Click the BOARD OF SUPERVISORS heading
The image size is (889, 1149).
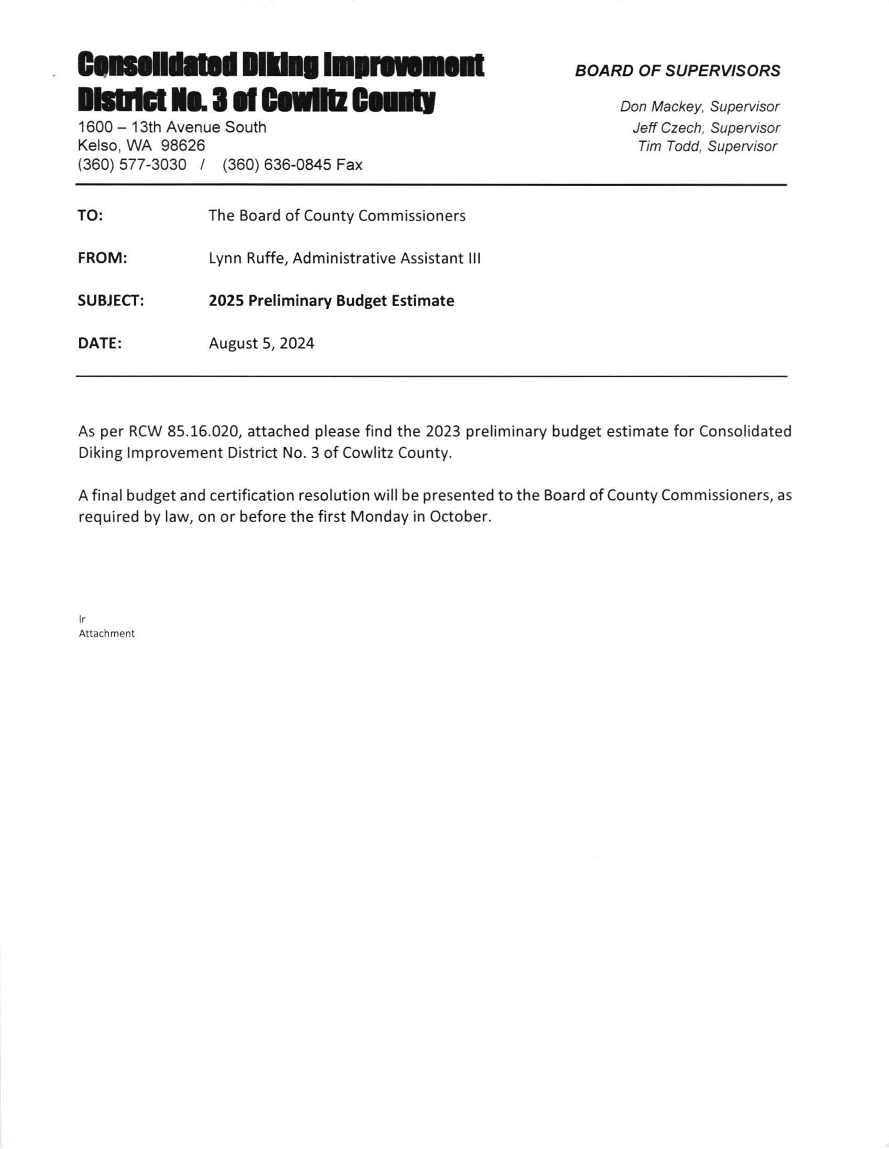point(677,71)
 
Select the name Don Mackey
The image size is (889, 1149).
point(663,107)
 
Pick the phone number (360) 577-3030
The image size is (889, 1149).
point(132,165)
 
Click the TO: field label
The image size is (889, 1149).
point(91,216)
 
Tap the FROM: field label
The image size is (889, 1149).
point(103,258)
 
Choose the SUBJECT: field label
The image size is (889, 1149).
point(111,301)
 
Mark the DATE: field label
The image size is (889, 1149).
point(100,344)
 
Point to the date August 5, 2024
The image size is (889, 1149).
point(262,344)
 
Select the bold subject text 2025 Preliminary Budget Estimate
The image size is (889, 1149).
point(331,301)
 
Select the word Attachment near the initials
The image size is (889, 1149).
point(107,634)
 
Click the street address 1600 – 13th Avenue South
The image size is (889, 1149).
point(172,127)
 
